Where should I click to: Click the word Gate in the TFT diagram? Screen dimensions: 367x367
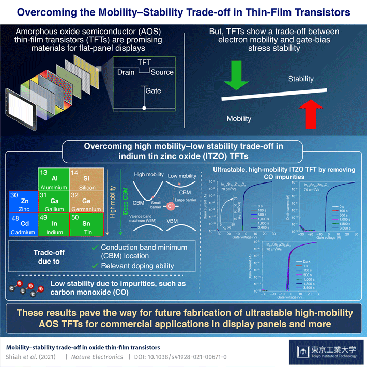click(x=153, y=91)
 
